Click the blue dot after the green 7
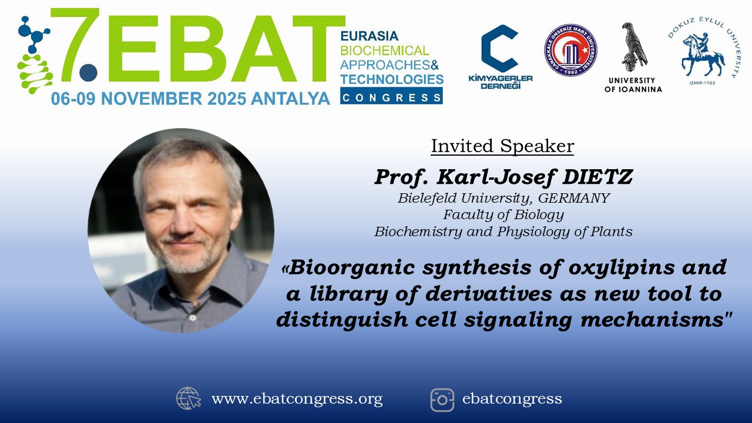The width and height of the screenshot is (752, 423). pos(88,72)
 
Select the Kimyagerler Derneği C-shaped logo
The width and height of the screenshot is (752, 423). pos(499,48)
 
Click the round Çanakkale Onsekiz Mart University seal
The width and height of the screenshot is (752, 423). pos(570,50)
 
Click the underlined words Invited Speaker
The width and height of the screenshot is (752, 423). pos(502,146)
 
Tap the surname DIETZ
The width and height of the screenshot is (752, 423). pos(597,177)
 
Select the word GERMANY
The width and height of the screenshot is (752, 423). pos(574,198)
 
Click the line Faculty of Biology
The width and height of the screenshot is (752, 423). pos(503,215)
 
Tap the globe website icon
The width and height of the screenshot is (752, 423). pos(189,398)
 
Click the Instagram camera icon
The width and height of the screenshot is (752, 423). pos(442,400)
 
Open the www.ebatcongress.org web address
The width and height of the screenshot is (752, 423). pos(297,399)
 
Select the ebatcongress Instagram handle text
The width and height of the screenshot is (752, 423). pos(512,399)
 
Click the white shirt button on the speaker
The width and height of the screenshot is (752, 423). pos(192,317)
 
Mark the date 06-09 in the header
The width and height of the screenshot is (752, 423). pos(73,99)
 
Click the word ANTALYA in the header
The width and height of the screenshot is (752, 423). pos(290,99)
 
